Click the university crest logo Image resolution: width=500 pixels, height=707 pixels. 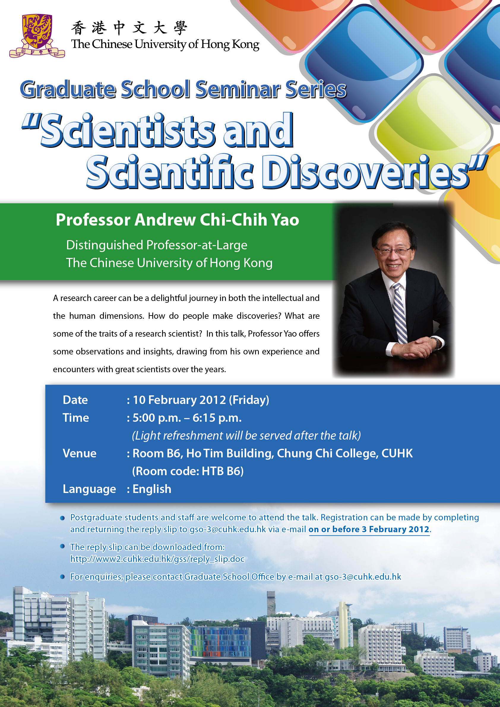pyautogui.click(x=37, y=35)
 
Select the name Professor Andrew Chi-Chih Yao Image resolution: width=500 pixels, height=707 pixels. pyautogui.click(x=178, y=220)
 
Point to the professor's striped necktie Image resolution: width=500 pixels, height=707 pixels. pyautogui.click(x=400, y=313)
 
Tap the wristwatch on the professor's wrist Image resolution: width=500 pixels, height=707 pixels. pyautogui.click(x=436, y=343)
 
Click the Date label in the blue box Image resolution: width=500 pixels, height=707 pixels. pyautogui.click(x=75, y=400)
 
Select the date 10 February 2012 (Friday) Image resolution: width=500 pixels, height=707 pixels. pyautogui.click(x=201, y=400)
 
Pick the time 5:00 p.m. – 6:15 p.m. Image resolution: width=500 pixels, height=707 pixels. pyautogui.click(x=187, y=418)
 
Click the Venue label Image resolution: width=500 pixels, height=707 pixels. pyautogui.click(x=80, y=454)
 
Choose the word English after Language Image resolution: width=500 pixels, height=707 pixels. pyautogui.click(x=152, y=489)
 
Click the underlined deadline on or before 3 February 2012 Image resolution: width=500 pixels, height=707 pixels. pyautogui.click(x=369, y=529)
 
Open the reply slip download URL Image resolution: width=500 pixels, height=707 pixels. pyautogui.click(x=157, y=559)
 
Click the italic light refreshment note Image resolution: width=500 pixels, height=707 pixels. pyautogui.click(x=246, y=436)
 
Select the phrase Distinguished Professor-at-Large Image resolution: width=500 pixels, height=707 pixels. pyautogui.click(x=157, y=245)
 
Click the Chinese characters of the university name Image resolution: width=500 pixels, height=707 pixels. pyautogui.click(x=129, y=28)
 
